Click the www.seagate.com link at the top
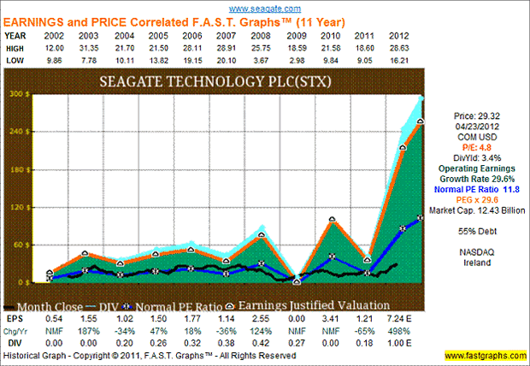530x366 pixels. pos(264,7)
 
